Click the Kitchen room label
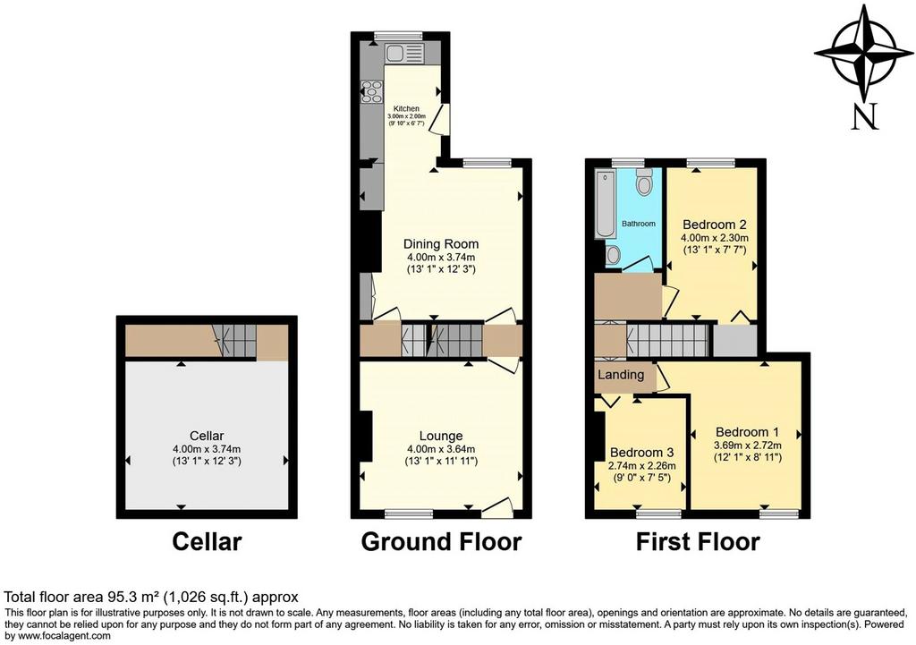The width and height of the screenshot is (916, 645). pyautogui.click(x=406, y=108)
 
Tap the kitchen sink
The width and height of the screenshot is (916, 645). pyautogui.click(x=403, y=55)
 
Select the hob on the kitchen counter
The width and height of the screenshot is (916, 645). pyautogui.click(x=371, y=92)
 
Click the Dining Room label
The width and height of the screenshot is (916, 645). pyautogui.click(x=441, y=244)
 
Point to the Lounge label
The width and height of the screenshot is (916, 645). pyautogui.click(x=441, y=436)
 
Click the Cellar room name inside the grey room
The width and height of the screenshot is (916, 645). pyautogui.click(x=207, y=436)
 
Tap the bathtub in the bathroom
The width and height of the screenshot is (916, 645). pyautogui.click(x=606, y=204)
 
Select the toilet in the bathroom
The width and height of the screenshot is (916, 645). pyautogui.click(x=644, y=181)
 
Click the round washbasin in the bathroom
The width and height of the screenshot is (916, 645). pyautogui.click(x=613, y=255)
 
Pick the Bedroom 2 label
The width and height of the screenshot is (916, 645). pyautogui.click(x=715, y=225)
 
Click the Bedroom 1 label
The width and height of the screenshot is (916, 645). pyautogui.click(x=747, y=432)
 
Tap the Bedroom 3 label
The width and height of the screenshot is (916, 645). pyautogui.click(x=642, y=453)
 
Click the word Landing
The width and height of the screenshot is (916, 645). pyautogui.click(x=621, y=375)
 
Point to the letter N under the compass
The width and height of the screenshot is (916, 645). pyautogui.click(x=865, y=116)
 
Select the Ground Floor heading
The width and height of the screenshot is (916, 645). pyautogui.click(x=441, y=541)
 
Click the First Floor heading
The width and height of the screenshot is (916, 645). pyautogui.click(x=698, y=541)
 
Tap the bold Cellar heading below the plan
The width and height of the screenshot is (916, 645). pyautogui.click(x=207, y=541)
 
